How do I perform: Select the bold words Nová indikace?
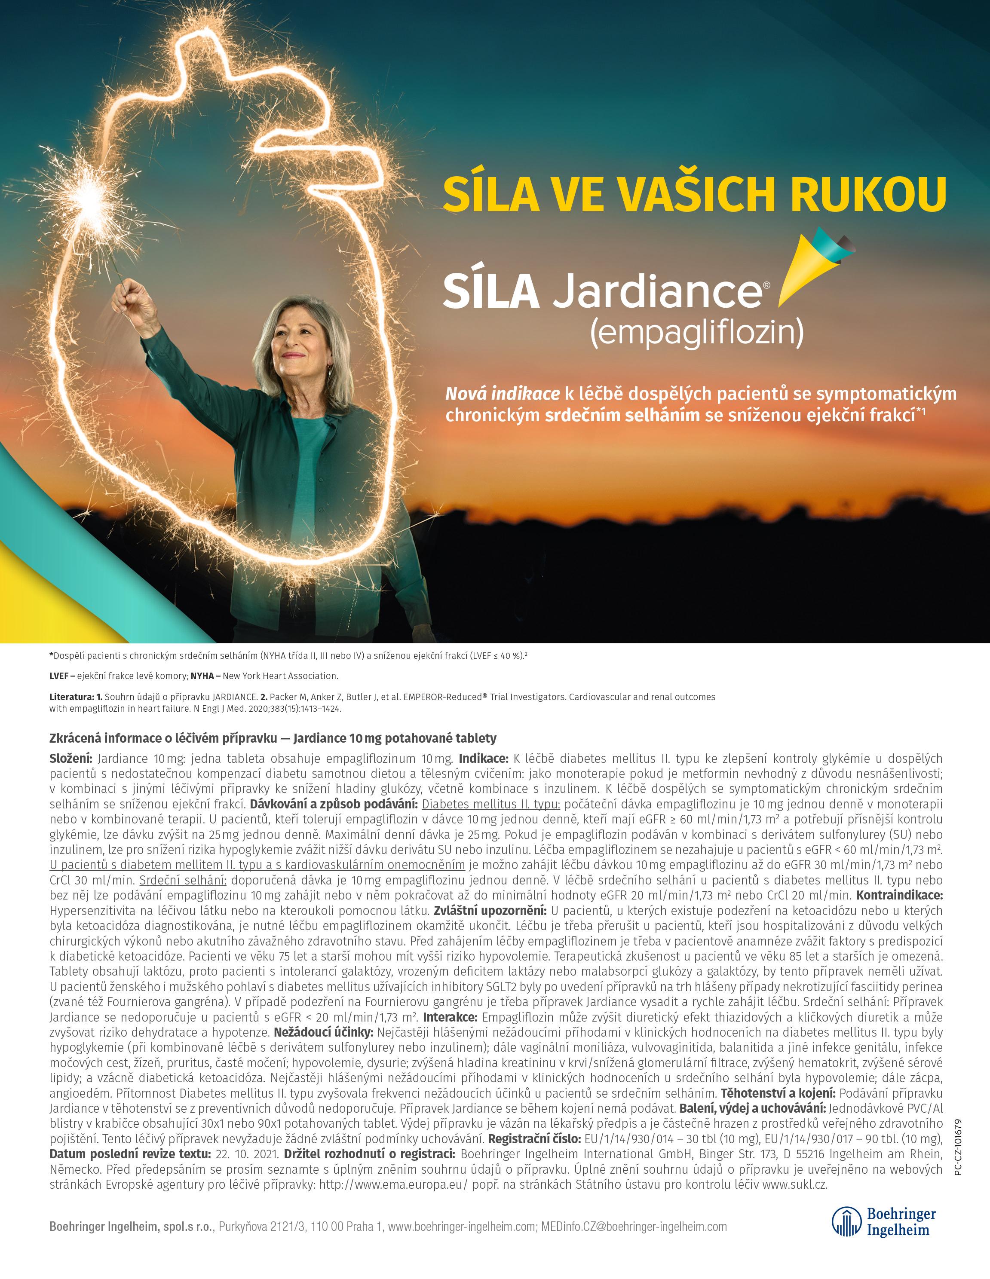pyautogui.click(x=502, y=394)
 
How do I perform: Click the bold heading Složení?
pyautogui.click(x=71, y=759)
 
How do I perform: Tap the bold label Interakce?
pyautogui.click(x=451, y=1017)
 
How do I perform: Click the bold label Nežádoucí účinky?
pyautogui.click(x=323, y=1032)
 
